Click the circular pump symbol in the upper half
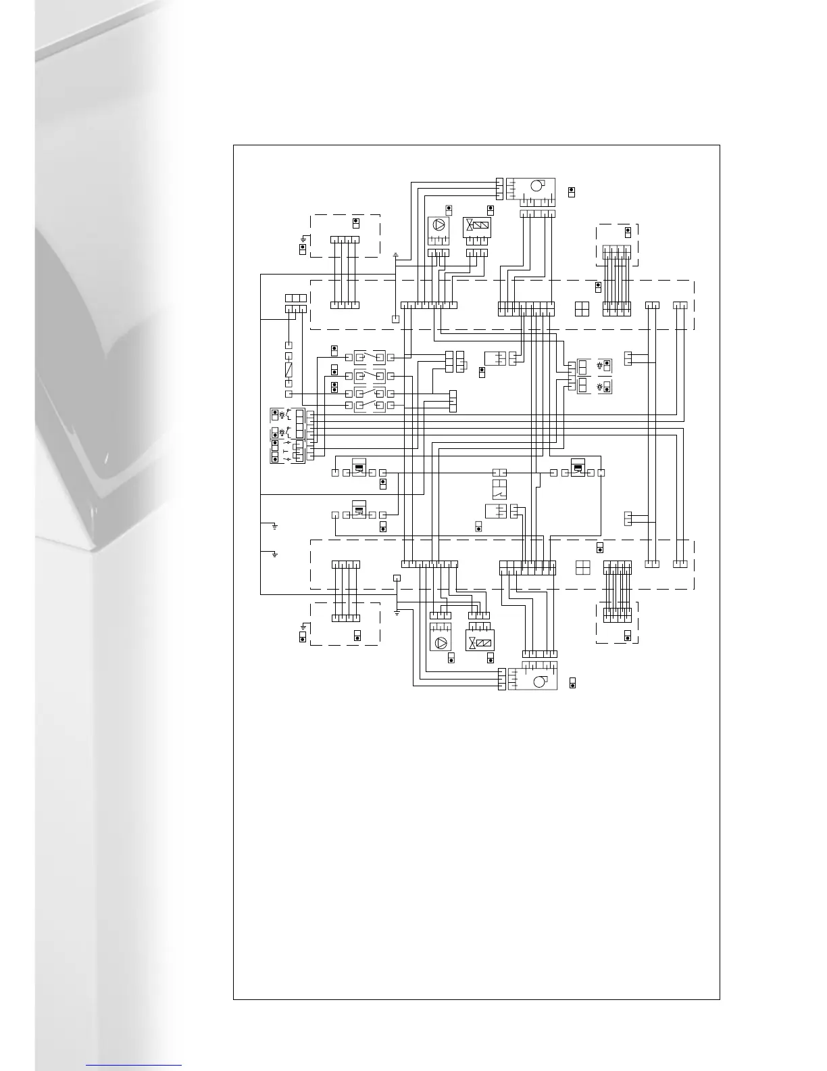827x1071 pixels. pos(438,226)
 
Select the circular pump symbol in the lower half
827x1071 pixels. pos(441,643)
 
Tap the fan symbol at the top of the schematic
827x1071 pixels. pos(536,185)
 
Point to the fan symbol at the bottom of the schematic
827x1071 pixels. pos(538,682)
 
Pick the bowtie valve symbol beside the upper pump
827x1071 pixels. pos(469,226)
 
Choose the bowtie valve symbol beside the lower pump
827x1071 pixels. pos(472,643)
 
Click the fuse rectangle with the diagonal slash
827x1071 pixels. pos(289,370)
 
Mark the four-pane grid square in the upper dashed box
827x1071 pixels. pos(582,309)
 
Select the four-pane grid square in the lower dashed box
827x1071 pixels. pos(582,567)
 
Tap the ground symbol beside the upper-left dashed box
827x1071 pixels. pos(303,239)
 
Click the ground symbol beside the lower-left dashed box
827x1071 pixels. pos(303,627)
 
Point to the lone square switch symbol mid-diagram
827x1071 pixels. pos(499,489)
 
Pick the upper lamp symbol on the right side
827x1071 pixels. pos(599,365)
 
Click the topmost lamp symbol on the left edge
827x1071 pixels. pos(282,414)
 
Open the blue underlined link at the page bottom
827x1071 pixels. pos(134,1065)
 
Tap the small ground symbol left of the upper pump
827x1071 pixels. pos(395,256)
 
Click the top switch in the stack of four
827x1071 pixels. pos(370,356)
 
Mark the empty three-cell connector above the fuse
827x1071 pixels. pos(296,298)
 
